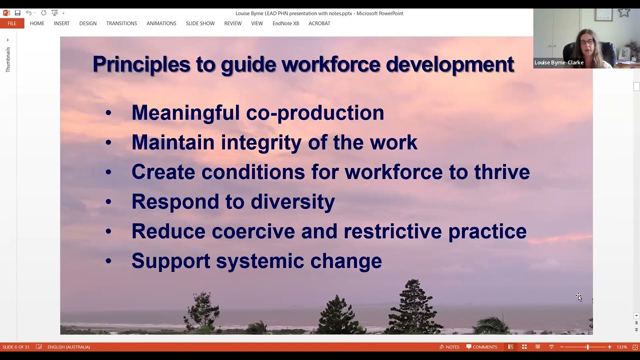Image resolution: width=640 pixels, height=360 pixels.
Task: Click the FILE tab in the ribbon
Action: [x=11, y=23]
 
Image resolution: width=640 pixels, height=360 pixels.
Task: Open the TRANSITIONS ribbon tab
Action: [x=121, y=23]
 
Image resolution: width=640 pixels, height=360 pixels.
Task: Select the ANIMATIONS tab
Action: [x=161, y=23]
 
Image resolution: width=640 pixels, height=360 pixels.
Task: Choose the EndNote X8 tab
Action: [x=285, y=23]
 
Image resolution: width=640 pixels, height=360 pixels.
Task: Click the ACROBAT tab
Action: [x=319, y=23]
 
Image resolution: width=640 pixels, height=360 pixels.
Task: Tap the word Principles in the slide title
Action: [x=141, y=64]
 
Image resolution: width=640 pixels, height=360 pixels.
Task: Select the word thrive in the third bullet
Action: [x=501, y=172]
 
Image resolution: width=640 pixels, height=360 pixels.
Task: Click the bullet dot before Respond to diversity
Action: [x=108, y=202]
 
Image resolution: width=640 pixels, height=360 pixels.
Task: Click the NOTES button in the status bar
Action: [x=449, y=347]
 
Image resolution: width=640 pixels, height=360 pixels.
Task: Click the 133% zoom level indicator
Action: [x=621, y=347]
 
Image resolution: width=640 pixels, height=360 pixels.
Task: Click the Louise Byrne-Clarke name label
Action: [x=558, y=62]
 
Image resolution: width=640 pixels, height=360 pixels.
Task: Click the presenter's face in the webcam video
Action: [x=587, y=42]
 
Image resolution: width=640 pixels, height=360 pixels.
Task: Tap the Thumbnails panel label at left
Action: [x=8, y=59]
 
